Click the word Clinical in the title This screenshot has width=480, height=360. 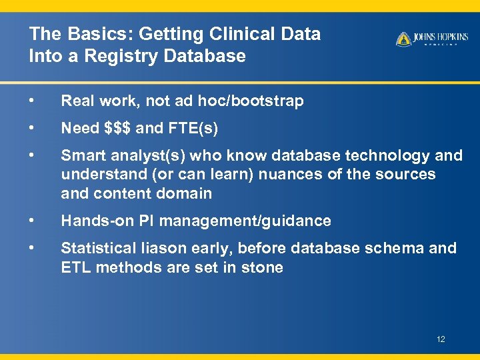pos(230,34)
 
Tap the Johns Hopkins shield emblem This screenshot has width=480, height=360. pos(403,39)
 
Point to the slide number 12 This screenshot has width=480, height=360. pos(441,339)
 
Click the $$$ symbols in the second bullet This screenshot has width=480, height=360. pos(119,128)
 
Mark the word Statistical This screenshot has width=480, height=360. pos(97,248)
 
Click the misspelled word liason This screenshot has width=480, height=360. pos(161,248)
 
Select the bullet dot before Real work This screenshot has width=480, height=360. pos(31,101)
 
